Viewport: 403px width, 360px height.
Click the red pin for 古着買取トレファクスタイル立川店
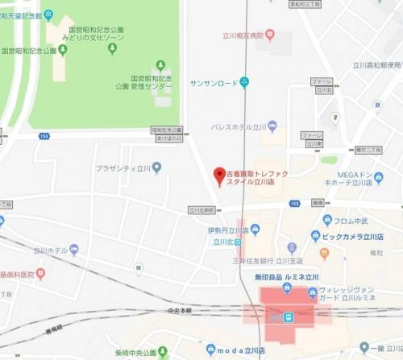click(217, 175)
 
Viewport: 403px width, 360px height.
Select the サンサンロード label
click(214, 81)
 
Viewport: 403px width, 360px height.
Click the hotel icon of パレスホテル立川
click(272, 126)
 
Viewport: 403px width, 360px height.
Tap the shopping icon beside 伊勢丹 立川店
click(256, 230)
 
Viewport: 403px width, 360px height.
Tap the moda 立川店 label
click(243, 350)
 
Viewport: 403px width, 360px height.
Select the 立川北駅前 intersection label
click(205, 210)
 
